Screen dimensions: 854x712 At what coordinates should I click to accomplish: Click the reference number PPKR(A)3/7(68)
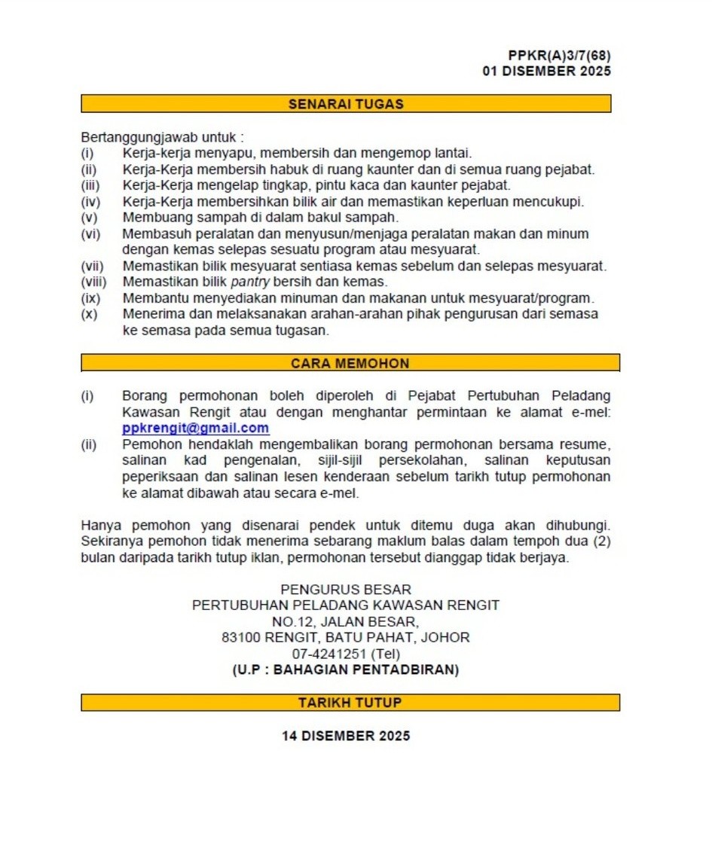point(559,56)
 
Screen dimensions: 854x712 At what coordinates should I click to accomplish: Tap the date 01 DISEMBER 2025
point(546,72)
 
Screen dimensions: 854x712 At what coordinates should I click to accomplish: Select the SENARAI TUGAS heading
point(346,104)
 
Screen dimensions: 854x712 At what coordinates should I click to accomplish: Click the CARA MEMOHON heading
point(350,363)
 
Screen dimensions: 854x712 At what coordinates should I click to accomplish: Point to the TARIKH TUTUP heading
point(350,702)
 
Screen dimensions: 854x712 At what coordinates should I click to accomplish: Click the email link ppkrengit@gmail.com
point(195,428)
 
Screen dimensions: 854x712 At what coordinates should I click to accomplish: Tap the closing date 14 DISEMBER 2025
point(346,736)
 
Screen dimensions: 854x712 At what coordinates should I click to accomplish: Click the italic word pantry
point(249,282)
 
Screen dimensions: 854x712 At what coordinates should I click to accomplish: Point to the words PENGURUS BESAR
point(346,589)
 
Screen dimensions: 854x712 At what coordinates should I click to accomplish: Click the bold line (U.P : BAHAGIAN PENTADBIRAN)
point(346,669)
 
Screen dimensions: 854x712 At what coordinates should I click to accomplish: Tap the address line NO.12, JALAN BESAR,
point(346,621)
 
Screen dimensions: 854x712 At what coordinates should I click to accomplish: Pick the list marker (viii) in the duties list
point(94,282)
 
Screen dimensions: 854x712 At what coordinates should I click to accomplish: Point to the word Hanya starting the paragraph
point(99,524)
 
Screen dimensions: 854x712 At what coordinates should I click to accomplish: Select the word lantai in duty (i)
point(452,154)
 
